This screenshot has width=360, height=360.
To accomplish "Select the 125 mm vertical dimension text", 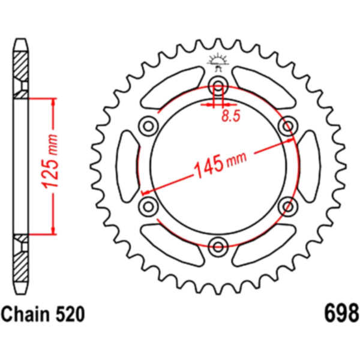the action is pyautogui.click(x=50, y=162).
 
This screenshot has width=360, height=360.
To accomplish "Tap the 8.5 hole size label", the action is pyautogui.click(x=230, y=116).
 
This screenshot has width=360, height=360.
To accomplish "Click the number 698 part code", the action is pyautogui.click(x=341, y=313).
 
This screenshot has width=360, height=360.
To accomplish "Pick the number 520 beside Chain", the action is pyautogui.click(x=71, y=314).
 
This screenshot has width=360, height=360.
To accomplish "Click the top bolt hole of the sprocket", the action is pyautogui.click(x=218, y=86).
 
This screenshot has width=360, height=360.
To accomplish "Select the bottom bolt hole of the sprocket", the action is pyautogui.click(x=218, y=247).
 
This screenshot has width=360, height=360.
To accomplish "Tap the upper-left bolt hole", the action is pyautogui.click(x=148, y=126).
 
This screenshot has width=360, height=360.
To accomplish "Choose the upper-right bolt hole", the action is pyautogui.click(x=288, y=126).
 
